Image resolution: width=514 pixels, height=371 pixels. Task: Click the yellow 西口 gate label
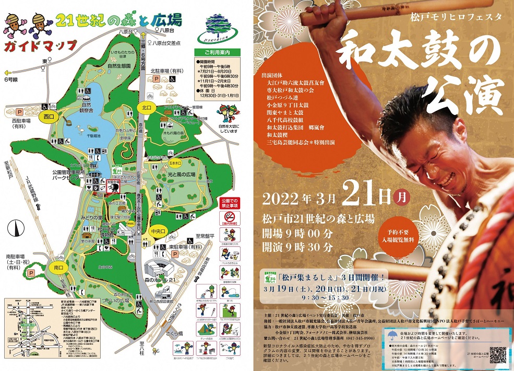click(x=50, y=117)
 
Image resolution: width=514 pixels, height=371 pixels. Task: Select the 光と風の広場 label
click(x=181, y=175)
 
